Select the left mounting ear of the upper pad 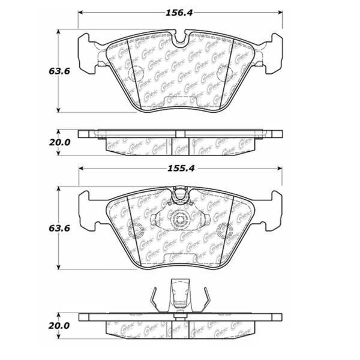coord(88,49)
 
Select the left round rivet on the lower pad coord(136,229)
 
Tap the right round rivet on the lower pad coord(225,229)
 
